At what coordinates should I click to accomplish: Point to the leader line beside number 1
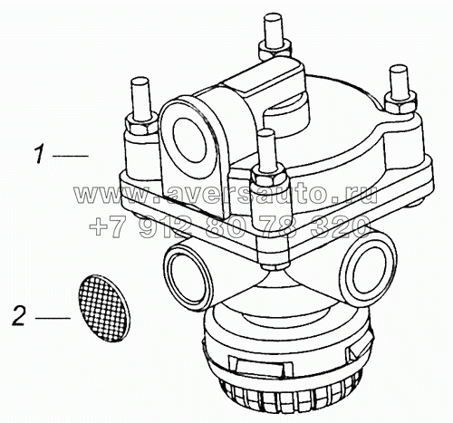coord(71,157)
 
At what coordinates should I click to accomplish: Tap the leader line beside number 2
coord(53,318)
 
